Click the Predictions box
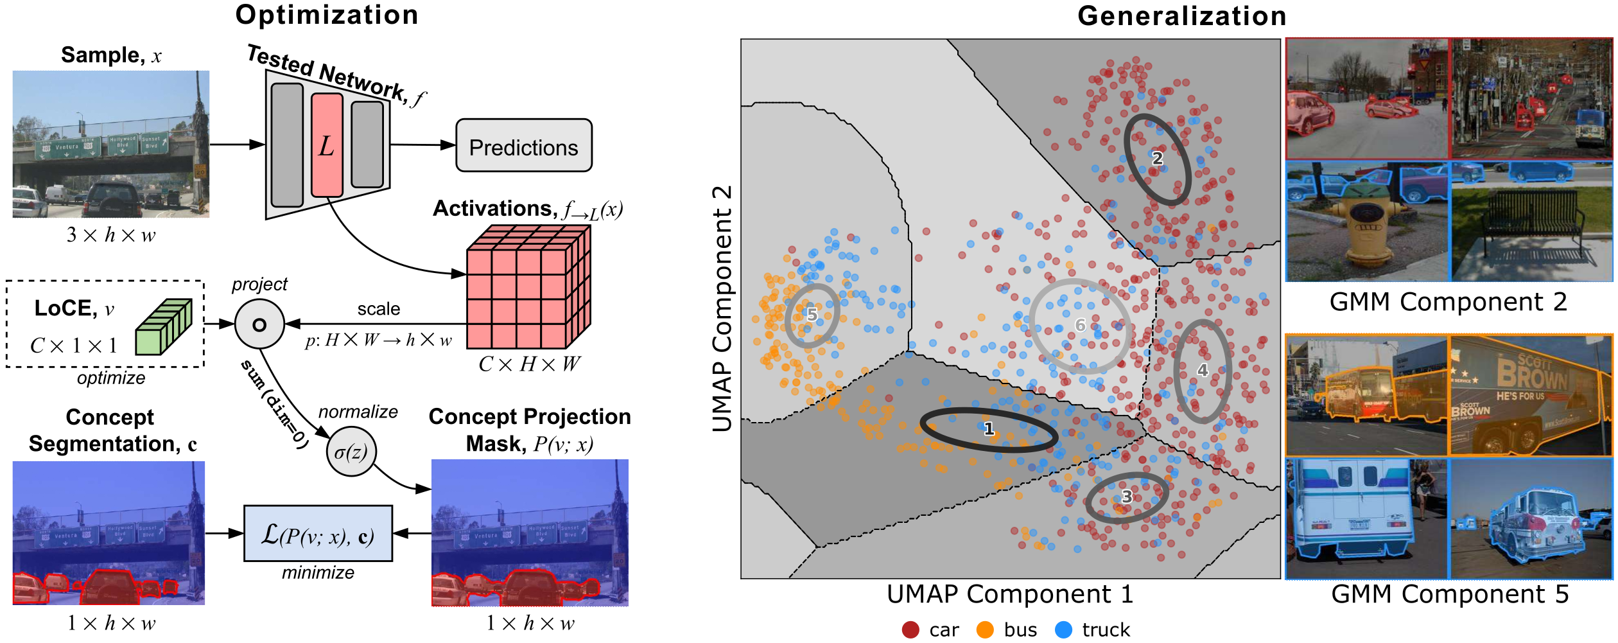pyautogui.click(x=523, y=146)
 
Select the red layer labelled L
pyautogui.click(x=327, y=145)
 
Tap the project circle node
pyautogui.click(x=259, y=324)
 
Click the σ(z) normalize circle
pyautogui.click(x=351, y=452)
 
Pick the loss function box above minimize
pyautogui.click(x=318, y=534)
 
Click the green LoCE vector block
pyautogui.click(x=164, y=327)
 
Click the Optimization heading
pyautogui.click(x=327, y=15)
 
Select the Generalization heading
pyautogui.click(x=1181, y=16)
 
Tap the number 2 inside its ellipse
pyautogui.click(x=1157, y=158)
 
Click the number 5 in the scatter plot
pyautogui.click(x=812, y=315)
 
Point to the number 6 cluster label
pyautogui.click(x=1081, y=325)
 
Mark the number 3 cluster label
pyautogui.click(x=1127, y=497)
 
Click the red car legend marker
pyautogui.click(x=910, y=630)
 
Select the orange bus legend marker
pyautogui.click(x=984, y=630)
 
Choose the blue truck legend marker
pyautogui.click(x=1063, y=630)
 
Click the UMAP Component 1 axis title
pyautogui.click(x=1010, y=595)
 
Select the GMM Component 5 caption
pyautogui.click(x=1450, y=595)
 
